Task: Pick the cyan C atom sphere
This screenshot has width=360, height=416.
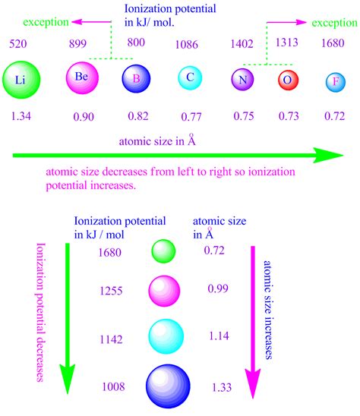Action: [x=189, y=77]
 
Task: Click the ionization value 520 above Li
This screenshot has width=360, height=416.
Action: [x=18, y=45]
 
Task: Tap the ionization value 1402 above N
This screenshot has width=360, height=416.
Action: [x=242, y=46]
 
